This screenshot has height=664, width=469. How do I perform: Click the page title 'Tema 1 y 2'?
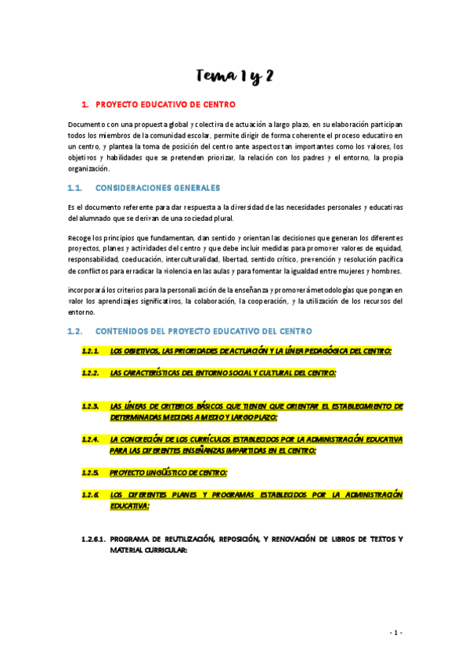(x=234, y=76)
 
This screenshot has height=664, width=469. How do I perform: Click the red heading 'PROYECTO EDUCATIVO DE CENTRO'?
(x=164, y=104)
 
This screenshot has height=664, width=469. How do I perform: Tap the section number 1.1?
(x=75, y=189)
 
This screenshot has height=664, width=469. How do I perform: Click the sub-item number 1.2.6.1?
(x=94, y=539)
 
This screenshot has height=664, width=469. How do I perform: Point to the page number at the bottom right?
(x=396, y=632)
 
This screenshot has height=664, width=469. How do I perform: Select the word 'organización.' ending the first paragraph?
(x=89, y=168)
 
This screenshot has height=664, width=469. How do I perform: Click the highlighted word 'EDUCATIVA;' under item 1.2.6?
(x=130, y=506)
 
